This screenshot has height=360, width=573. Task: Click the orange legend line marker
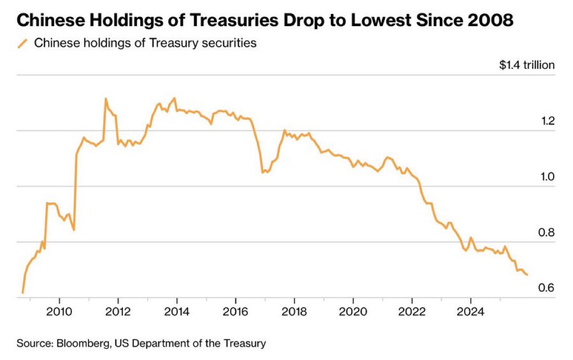point(22,43)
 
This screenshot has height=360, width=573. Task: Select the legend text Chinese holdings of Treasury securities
point(145,43)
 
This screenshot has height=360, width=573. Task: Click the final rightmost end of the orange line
point(527,275)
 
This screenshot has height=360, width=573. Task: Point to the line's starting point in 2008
point(22,293)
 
